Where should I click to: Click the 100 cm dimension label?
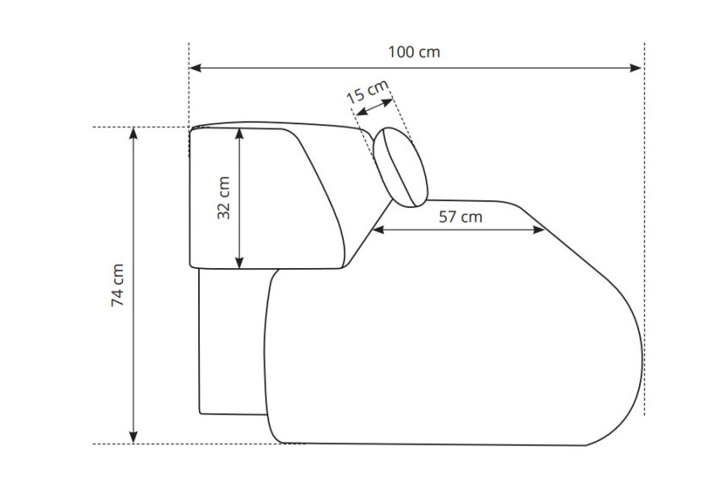tap(414, 52)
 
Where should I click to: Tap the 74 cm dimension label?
tap(118, 285)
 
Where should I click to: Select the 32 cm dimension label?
tap(223, 198)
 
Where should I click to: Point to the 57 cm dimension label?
tap(461, 216)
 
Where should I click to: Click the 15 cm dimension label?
tap(367, 92)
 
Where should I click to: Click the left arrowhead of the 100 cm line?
tap(195, 68)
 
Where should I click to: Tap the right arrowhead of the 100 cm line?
tap(636, 68)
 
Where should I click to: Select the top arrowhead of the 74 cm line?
tap(133, 133)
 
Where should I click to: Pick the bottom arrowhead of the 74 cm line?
tap(133, 437)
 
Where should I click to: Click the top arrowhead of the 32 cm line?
tap(239, 134)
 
